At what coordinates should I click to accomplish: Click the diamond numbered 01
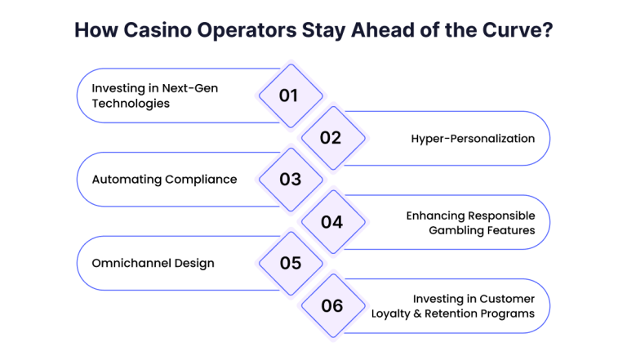pyautogui.click(x=291, y=96)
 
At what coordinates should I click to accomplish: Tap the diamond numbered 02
pyautogui.click(x=333, y=138)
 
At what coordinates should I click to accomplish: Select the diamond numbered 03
pyautogui.click(x=291, y=180)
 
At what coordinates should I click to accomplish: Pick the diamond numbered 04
pyautogui.click(x=333, y=222)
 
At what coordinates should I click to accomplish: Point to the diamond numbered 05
pyautogui.click(x=291, y=263)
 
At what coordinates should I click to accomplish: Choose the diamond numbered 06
pyautogui.click(x=333, y=306)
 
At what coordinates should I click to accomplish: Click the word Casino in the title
pyautogui.click(x=158, y=30)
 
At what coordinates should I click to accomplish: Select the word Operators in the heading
pyautogui.click(x=247, y=31)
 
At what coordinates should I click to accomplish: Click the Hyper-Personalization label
pyautogui.click(x=473, y=139)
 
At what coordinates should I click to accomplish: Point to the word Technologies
pyautogui.click(x=131, y=104)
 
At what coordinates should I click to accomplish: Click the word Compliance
pyautogui.click(x=201, y=180)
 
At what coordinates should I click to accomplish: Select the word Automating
pyautogui.click(x=127, y=180)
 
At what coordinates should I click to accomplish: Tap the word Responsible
pyautogui.click(x=501, y=216)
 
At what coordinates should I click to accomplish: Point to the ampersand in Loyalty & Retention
pyautogui.click(x=417, y=313)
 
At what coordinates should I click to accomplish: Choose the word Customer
pyautogui.click(x=507, y=299)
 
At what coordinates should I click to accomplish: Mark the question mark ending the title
pyautogui.click(x=548, y=30)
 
